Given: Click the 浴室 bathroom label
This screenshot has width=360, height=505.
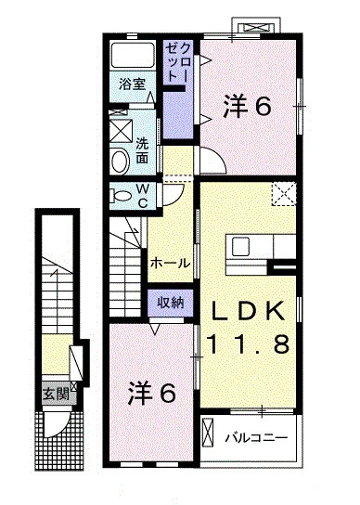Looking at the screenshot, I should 131,84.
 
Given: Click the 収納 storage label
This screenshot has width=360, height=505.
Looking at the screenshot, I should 170,302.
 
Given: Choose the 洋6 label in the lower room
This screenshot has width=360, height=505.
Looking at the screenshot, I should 150,393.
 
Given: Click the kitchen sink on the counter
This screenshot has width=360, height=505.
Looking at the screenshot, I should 241,246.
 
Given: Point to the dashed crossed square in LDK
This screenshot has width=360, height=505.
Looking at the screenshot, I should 283,193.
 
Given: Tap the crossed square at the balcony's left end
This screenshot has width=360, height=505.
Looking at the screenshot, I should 210,430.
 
